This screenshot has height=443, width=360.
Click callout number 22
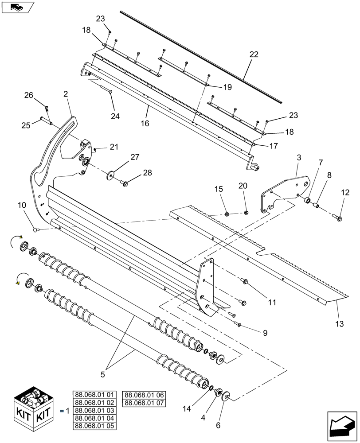(254, 54)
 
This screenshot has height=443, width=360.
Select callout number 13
(339, 324)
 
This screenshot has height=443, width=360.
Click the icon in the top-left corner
(17, 7)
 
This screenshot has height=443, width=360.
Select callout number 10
(22, 206)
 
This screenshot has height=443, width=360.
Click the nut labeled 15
(227, 214)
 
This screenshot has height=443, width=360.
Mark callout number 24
(115, 117)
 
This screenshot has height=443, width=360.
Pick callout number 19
(227, 87)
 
